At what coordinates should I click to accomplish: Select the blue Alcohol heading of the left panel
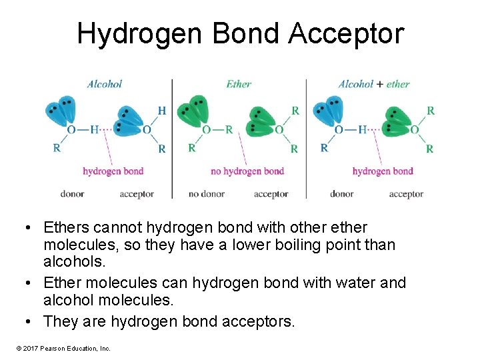click(x=105, y=84)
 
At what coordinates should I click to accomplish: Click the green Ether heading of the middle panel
click(x=238, y=84)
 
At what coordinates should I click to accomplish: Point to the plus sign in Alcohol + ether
click(x=379, y=84)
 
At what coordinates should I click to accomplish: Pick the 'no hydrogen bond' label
click(x=247, y=171)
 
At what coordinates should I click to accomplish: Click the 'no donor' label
click(x=203, y=194)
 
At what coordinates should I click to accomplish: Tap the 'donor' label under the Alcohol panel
click(x=72, y=194)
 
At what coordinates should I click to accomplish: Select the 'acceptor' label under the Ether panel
click(x=271, y=194)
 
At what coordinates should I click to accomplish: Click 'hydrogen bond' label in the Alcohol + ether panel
click(x=382, y=171)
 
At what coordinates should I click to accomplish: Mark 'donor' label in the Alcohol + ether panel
click(x=341, y=194)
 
